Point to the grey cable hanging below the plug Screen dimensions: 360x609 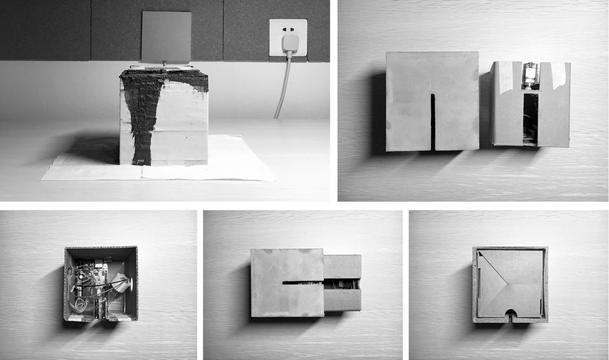(x=282, y=87)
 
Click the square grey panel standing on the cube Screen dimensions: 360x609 (x=166, y=37)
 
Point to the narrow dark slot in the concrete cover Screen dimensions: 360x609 (x=433, y=122)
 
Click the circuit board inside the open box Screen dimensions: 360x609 (x=93, y=278)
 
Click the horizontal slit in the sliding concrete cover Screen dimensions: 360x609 (x=302, y=283)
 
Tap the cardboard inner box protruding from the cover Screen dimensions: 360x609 (x=342, y=284)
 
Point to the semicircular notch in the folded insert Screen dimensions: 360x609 (x=510, y=316)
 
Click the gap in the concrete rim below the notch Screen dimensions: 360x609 (x=510, y=321)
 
